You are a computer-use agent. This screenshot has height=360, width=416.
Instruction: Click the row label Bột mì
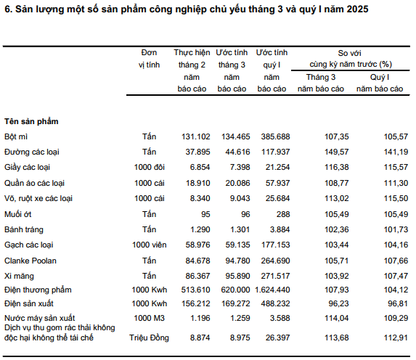pos(16,136)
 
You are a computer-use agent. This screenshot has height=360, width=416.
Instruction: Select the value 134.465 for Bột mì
pos(236,136)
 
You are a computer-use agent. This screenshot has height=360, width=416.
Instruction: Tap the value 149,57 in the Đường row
pos(336,152)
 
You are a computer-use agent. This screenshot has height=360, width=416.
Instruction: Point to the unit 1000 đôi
pos(150,167)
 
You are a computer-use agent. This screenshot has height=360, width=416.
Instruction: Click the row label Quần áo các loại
pos(35,183)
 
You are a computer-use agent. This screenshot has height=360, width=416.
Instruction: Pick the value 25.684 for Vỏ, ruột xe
pos(277,198)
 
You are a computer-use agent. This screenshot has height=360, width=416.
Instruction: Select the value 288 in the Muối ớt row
pos(283,214)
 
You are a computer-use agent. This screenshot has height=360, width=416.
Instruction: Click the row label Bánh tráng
pos(24,230)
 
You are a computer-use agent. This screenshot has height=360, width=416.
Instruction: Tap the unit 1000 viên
pos(150,245)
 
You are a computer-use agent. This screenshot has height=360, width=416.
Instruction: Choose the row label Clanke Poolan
pos(30,261)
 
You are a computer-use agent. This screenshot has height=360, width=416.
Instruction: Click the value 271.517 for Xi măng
pos(275,276)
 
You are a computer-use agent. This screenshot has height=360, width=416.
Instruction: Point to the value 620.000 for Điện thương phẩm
pos(235,290)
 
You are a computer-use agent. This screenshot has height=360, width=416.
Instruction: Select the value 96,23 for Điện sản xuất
pos(338,304)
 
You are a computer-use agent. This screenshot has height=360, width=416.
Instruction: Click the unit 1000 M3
pos(150,318)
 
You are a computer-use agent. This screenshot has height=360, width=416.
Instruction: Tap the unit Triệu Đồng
pos(149,338)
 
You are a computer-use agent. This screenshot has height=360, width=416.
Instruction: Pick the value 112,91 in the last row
pos(396,337)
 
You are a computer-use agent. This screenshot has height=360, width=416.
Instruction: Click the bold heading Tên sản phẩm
pos(31,121)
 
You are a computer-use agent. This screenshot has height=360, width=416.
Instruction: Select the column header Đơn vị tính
pos(149,59)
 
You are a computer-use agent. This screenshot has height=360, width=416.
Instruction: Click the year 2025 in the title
pos(357,9)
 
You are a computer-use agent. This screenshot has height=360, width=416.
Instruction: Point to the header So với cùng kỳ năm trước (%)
pos(351,59)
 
